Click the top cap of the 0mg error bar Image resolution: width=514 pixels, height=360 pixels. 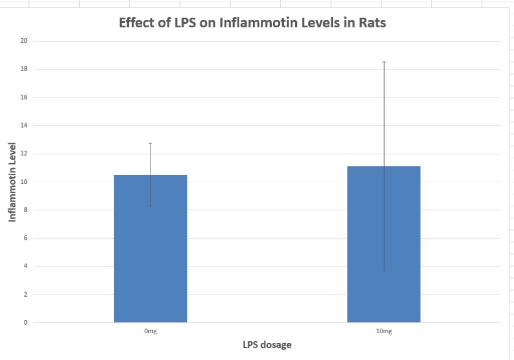[150, 143]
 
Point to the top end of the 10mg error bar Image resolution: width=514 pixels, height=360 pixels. [384, 62]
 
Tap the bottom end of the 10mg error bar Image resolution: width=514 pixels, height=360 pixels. [384, 271]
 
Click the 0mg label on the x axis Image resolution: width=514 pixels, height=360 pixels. [150, 331]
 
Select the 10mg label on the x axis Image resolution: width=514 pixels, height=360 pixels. [384, 331]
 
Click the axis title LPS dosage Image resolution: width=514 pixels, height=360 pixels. [267, 345]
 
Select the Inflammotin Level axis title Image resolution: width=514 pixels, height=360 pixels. [13, 182]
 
